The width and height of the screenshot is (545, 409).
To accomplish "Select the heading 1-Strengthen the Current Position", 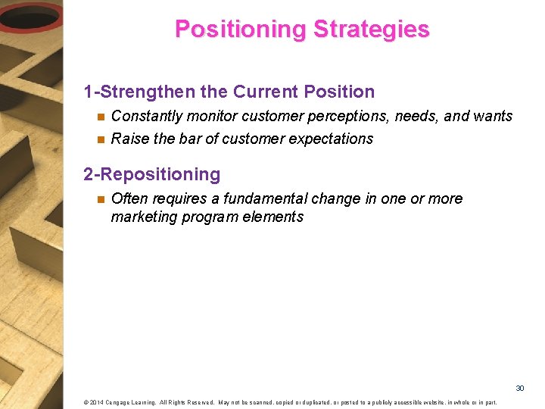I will click(229, 92).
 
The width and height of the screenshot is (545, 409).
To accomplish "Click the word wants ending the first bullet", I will click(492, 116).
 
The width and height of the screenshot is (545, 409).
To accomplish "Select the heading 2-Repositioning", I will click(151, 174).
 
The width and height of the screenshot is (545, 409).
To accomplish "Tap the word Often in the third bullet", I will click(129, 198).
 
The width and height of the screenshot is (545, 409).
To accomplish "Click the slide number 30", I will click(520, 388).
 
